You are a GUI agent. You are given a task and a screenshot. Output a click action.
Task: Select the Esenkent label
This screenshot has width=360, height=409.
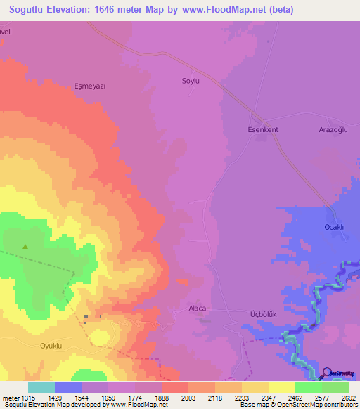pyautogui.click(x=264, y=129)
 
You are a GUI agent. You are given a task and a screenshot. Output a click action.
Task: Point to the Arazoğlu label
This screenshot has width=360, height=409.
pyautogui.click(x=334, y=129)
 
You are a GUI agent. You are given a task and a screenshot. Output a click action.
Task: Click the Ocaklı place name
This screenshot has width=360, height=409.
pyautogui.click(x=333, y=227)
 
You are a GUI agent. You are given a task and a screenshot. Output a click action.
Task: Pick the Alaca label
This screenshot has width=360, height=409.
pyautogui.click(x=198, y=308)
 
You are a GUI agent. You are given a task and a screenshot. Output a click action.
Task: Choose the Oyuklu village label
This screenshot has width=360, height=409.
pyautogui.click(x=37, y=346)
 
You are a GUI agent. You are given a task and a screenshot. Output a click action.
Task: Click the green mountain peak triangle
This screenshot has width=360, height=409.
pyautogui.click(x=25, y=246)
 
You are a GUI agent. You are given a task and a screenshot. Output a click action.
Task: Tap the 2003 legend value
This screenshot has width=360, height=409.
pyautogui.click(x=188, y=397)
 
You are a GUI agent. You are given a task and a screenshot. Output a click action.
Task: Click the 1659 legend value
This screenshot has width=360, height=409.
pyautogui.click(x=108, y=397)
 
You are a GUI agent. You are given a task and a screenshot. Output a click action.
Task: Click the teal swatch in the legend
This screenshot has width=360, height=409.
pyautogui.click(x=41, y=387)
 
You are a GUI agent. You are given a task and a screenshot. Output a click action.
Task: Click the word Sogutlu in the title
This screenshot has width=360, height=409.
pyautogui.click(x=31, y=10)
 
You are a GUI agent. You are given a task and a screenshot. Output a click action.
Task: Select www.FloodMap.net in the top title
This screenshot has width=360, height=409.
pyautogui.click(x=225, y=10)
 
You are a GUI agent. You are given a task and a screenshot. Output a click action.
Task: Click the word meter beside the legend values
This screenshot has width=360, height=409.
pyautogui.click(x=10, y=397)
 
